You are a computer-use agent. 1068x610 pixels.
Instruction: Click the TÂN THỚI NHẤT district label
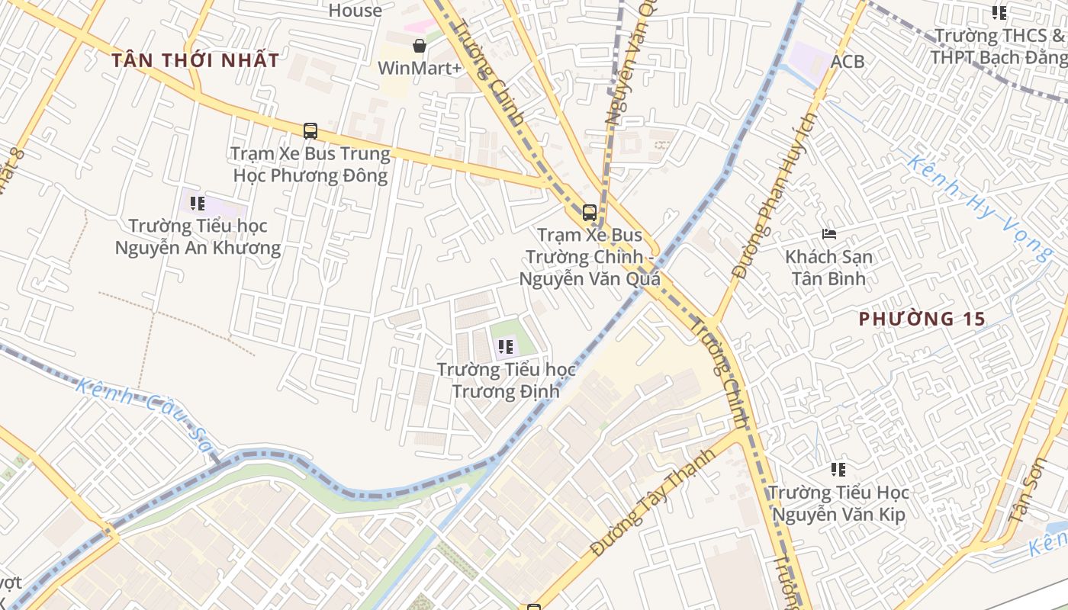195,61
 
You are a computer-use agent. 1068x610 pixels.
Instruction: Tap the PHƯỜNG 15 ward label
922,319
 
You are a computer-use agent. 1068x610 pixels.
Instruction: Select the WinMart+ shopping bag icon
419,46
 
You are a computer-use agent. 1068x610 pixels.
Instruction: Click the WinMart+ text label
420,68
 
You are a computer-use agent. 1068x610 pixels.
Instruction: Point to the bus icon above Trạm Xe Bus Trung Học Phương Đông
310,130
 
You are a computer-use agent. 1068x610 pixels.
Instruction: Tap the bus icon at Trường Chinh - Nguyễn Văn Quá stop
589,212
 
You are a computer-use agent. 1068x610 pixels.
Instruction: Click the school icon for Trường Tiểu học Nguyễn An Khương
198,204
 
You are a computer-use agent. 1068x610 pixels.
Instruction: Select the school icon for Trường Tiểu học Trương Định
505,347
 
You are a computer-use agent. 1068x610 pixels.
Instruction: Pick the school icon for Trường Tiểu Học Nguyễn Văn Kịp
838,470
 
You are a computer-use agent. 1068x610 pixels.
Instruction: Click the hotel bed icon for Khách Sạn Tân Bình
828,233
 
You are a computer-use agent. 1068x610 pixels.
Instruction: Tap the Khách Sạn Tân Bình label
828,268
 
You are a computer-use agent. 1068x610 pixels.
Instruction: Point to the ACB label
848,61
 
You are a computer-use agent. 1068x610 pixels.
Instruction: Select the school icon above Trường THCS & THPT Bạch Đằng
999,13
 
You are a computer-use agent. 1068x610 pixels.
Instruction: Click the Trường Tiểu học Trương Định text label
506,380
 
